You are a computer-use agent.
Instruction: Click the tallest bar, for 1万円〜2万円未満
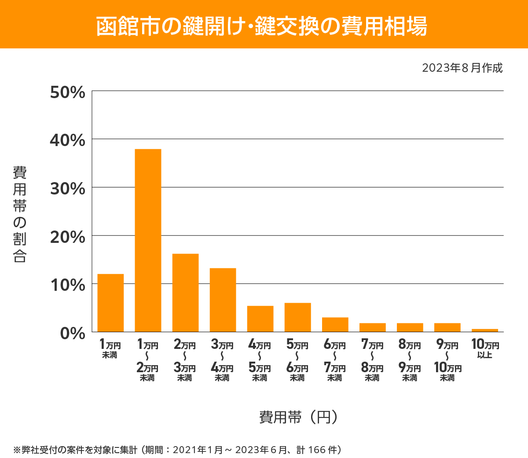point(148,240)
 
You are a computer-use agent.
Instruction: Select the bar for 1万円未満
point(110,303)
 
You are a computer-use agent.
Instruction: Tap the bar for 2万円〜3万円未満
point(185,293)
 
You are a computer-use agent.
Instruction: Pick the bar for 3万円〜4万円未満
point(223,300)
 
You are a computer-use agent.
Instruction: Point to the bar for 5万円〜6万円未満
point(297,317)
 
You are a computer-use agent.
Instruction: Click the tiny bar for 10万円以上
point(484,330)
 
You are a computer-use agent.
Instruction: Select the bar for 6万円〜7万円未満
point(335,324)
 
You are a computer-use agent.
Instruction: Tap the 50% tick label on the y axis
point(68,92)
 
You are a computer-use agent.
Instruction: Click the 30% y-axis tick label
point(68,189)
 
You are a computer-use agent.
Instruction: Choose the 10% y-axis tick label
point(68,285)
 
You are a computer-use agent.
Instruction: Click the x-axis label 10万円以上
point(485,348)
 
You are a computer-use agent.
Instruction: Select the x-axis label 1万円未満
point(110,349)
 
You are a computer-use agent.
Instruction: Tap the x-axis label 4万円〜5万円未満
point(260,360)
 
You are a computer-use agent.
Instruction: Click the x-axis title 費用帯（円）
point(298,417)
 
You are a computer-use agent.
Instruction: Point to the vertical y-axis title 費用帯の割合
point(20,214)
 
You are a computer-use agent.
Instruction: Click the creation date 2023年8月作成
point(462,68)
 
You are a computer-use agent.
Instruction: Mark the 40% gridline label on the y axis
point(68,141)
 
